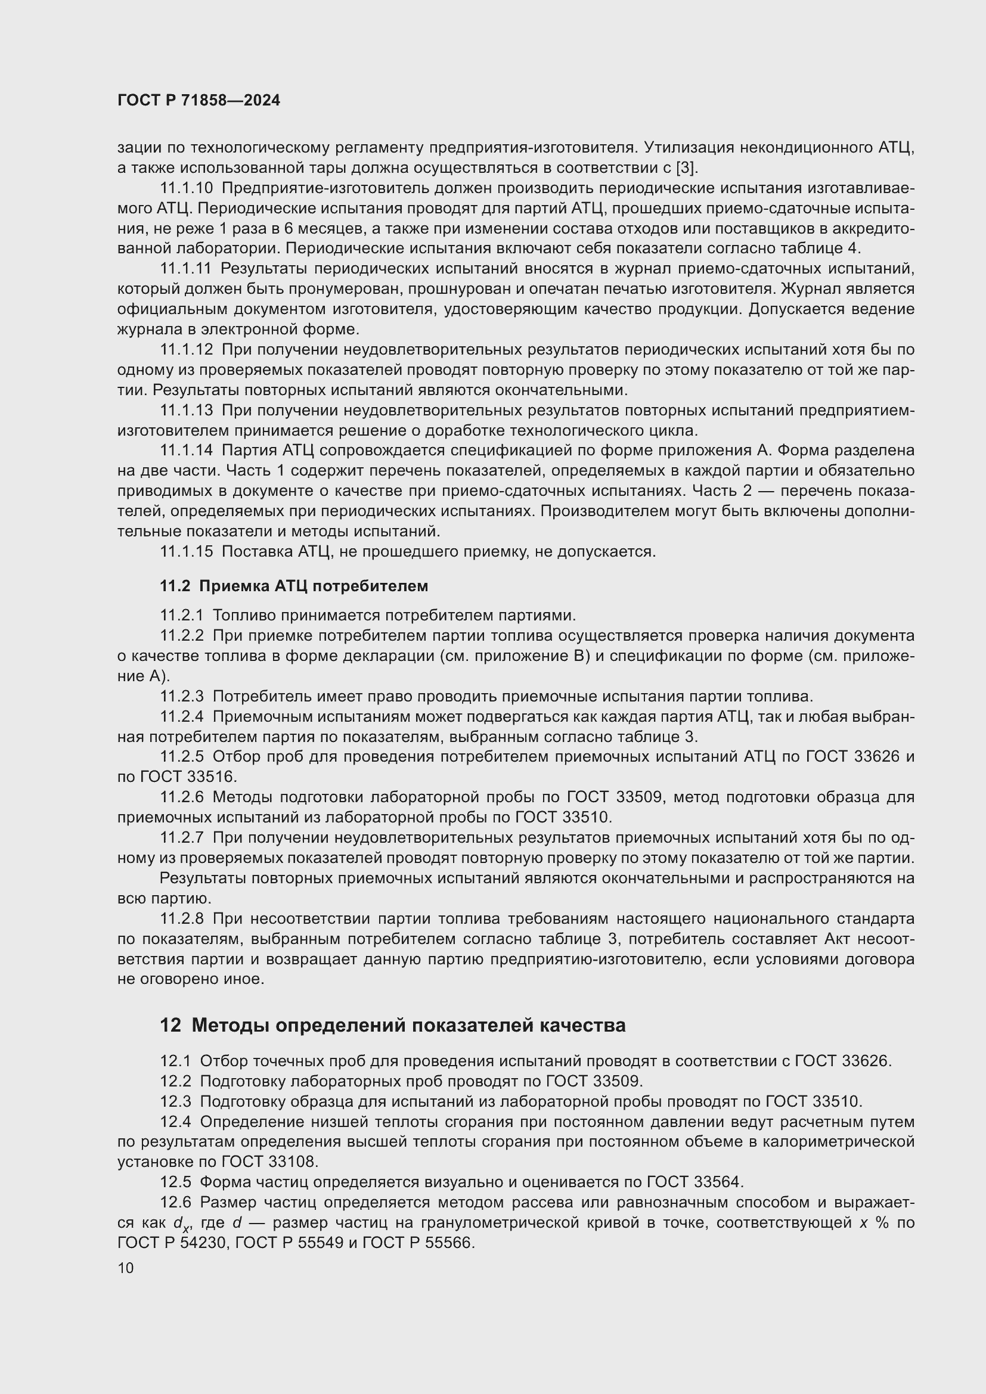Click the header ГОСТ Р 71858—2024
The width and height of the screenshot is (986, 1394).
(199, 101)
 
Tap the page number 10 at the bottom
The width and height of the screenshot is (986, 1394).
(126, 1268)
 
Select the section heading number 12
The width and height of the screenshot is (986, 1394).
(170, 1026)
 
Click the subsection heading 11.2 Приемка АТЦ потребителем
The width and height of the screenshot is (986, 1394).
(294, 586)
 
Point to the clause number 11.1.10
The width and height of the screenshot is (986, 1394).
(187, 188)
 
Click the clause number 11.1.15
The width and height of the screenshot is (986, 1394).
(187, 552)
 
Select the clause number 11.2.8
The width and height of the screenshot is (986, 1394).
(182, 918)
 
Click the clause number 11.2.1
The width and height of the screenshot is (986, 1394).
(182, 616)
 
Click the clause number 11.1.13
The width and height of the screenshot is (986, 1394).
(187, 411)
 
